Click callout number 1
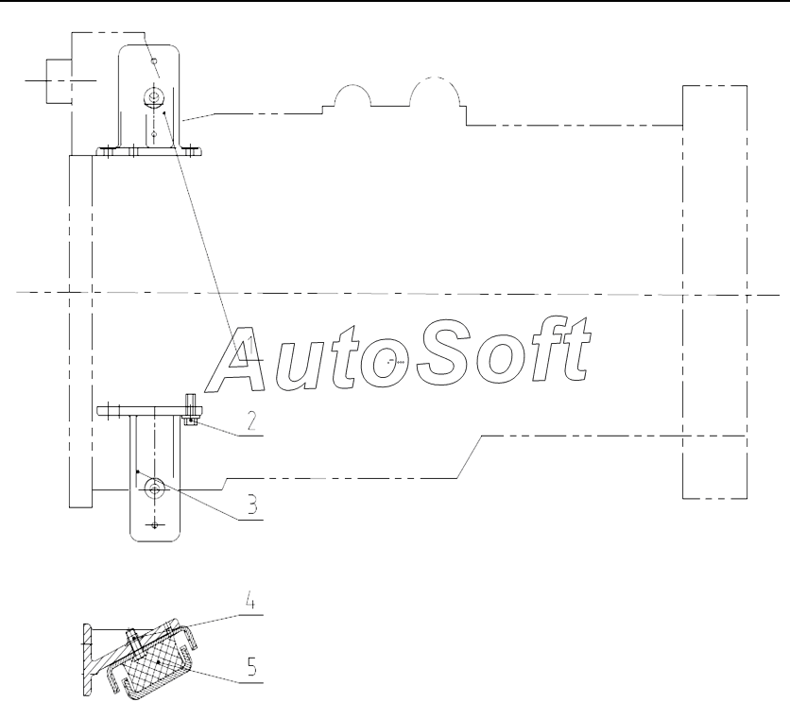[x=249, y=346]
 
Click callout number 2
[x=251, y=420]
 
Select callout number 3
[x=251, y=504]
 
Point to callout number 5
[x=252, y=667]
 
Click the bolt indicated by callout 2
[x=191, y=410]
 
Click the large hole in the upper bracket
[x=153, y=95]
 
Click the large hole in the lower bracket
[x=154, y=488]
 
